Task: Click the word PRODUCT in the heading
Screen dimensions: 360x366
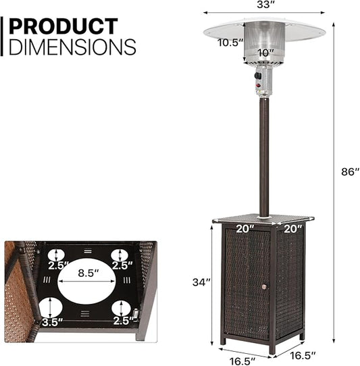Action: [63, 26]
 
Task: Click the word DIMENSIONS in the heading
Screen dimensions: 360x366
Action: [72, 47]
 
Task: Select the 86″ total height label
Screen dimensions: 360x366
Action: [349, 172]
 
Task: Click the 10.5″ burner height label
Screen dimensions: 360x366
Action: [230, 43]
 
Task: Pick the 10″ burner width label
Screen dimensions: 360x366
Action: [265, 53]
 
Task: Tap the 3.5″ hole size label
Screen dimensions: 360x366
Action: [52, 322]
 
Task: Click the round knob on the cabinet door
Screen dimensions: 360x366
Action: [264, 286]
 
